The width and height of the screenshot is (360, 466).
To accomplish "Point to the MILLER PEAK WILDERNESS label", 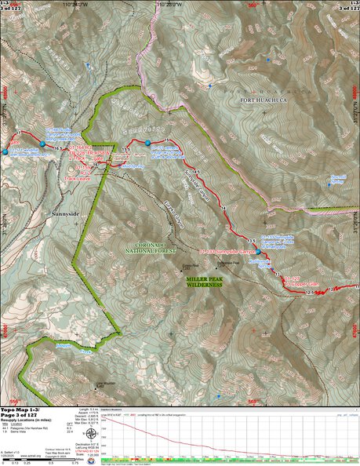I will coord(203,282).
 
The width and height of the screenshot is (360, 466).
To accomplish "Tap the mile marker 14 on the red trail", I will coord(225,207).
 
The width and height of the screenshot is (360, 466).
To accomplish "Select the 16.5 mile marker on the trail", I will coord(58,147).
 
